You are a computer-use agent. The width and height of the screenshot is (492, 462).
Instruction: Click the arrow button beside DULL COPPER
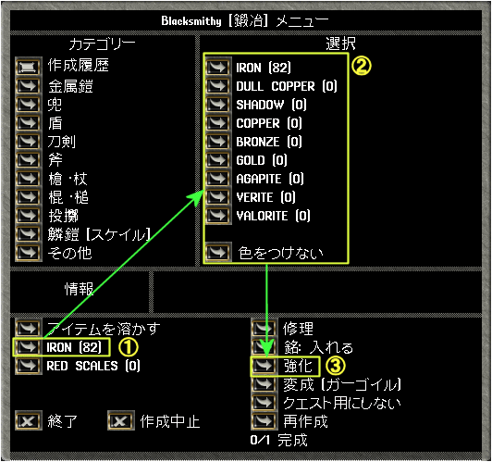click(x=218, y=86)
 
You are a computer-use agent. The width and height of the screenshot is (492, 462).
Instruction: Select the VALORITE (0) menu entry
click(x=273, y=216)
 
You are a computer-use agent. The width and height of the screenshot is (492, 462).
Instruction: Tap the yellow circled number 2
click(x=361, y=66)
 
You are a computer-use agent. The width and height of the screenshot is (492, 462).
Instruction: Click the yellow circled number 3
click(x=335, y=366)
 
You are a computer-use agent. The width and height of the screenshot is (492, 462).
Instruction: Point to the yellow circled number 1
click(x=128, y=347)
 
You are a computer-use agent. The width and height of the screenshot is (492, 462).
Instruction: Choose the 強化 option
click(x=298, y=366)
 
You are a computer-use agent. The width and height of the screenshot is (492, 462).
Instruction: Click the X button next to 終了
click(x=29, y=421)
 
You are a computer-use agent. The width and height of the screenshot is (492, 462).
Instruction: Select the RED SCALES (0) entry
click(x=93, y=366)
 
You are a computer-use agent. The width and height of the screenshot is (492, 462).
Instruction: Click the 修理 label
click(x=298, y=329)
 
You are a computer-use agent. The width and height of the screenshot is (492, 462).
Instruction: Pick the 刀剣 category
click(x=61, y=142)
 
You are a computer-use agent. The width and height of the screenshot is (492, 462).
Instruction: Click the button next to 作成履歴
click(x=29, y=67)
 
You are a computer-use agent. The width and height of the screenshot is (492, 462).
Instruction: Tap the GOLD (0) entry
click(x=262, y=160)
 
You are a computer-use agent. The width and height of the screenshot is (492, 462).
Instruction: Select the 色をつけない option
click(x=280, y=253)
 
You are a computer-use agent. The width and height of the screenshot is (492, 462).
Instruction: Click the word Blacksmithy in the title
click(x=191, y=21)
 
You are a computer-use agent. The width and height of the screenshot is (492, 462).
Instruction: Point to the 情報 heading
click(x=80, y=289)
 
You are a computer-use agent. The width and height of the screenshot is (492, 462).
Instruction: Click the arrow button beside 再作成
click(x=264, y=421)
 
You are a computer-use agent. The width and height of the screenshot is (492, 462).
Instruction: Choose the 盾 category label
click(x=55, y=123)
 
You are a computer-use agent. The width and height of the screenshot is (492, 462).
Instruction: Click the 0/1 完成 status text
click(x=278, y=440)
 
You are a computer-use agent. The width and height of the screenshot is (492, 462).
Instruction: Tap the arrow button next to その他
click(x=29, y=253)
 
